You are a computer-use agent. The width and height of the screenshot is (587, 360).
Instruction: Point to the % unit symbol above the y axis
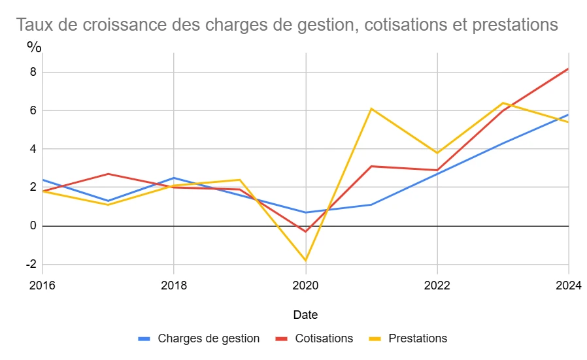click(34, 47)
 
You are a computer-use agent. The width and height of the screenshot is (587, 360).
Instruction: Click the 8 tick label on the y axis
click(31, 73)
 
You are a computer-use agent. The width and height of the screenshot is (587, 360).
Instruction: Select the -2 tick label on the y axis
click(29, 265)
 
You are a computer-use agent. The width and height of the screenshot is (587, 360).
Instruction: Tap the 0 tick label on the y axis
click(31, 226)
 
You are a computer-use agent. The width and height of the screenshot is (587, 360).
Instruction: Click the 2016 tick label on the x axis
click(42, 285)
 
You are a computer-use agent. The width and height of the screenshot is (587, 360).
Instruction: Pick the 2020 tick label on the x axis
click(305, 285)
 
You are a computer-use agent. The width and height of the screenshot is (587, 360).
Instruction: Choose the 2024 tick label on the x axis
click(568, 285)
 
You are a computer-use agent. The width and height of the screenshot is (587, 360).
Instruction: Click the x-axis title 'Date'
click(305, 315)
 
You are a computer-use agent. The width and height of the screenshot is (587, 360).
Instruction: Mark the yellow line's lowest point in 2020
click(305, 261)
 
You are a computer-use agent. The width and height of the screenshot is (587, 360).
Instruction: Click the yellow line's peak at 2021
click(371, 108)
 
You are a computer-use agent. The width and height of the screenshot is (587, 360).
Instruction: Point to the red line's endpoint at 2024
click(568, 69)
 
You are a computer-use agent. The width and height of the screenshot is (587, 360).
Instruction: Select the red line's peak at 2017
click(108, 174)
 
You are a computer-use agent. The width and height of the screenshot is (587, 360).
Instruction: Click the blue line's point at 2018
click(174, 178)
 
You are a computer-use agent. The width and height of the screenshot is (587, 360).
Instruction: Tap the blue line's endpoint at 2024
click(568, 115)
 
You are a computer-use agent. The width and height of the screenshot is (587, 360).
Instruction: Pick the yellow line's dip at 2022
click(437, 153)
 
